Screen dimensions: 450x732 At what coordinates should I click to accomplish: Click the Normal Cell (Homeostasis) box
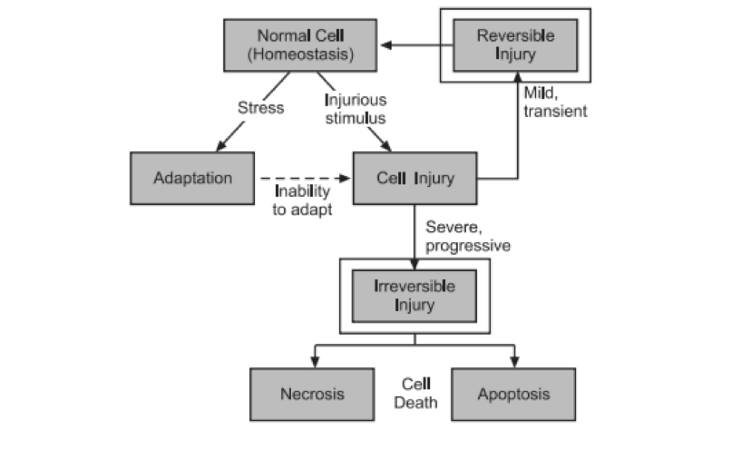click(300, 45)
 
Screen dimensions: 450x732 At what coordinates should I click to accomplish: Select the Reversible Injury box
click(515, 45)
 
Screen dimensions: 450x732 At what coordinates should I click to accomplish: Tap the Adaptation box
click(192, 178)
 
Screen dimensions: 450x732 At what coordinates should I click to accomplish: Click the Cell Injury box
click(415, 178)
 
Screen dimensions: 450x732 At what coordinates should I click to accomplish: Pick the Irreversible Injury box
click(414, 296)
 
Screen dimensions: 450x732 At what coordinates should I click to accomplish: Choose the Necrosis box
click(312, 394)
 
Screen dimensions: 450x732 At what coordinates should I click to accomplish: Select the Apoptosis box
click(514, 394)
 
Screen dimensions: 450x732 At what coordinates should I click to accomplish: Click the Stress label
click(261, 108)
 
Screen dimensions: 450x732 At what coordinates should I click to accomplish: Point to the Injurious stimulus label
click(355, 109)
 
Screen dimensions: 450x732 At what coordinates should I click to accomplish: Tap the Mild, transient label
click(555, 102)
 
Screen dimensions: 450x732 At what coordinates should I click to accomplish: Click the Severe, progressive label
click(468, 236)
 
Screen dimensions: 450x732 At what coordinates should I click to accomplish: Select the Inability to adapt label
click(302, 200)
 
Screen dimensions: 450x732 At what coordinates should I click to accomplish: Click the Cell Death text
click(416, 394)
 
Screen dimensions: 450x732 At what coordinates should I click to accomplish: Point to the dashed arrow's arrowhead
click(345, 178)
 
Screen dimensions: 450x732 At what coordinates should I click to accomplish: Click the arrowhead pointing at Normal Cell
click(386, 45)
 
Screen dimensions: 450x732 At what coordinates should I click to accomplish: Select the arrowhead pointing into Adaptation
click(220, 147)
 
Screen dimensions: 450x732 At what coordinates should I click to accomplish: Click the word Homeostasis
click(300, 54)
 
